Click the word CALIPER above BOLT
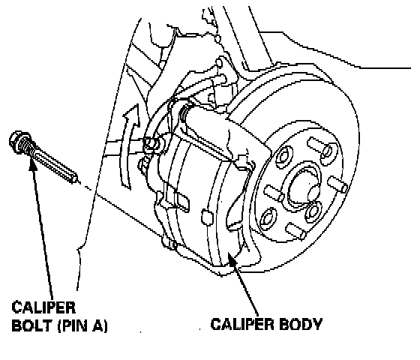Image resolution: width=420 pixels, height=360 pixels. (x=43, y=307)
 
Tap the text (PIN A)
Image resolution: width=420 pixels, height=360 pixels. (x=82, y=326)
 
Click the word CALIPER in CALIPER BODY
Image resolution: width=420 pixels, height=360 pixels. (x=243, y=324)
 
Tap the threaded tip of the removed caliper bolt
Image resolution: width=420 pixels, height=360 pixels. (x=72, y=177)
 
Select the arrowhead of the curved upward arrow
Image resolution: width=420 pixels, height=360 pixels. (x=133, y=115)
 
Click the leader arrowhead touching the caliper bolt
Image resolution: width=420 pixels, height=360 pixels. (x=33, y=164)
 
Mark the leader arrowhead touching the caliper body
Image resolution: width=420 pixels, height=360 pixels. (x=232, y=257)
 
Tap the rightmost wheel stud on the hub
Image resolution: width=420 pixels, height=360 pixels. (x=338, y=184)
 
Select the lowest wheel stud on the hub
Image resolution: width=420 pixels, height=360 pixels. (x=296, y=231)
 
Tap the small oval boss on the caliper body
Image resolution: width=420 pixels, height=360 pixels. (x=207, y=217)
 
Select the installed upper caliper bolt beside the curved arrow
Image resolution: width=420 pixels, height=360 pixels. (x=151, y=144)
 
